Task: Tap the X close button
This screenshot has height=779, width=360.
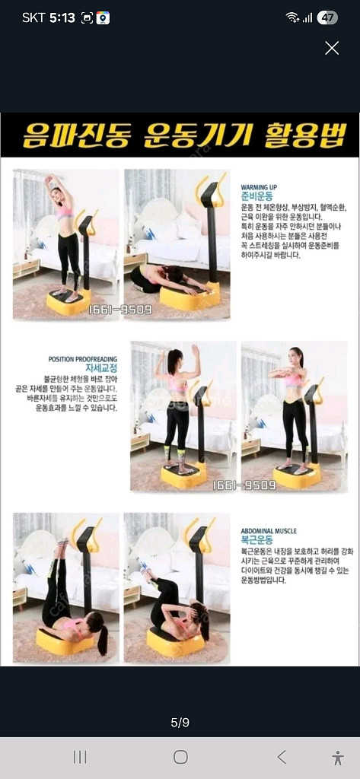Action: [x=332, y=48]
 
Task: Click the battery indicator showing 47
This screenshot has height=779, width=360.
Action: [x=328, y=17]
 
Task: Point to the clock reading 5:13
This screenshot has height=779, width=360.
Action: [x=62, y=17]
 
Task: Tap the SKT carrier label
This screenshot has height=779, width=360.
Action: [x=33, y=17]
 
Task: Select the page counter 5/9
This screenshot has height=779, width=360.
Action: [x=180, y=723]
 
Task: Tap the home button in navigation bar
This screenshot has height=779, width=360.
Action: [x=180, y=757]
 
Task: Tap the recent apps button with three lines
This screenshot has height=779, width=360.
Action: [x=79, y=757]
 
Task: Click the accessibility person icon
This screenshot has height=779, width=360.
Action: [x=338, y=757]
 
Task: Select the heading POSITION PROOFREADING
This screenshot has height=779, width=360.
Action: [x=83, y=359]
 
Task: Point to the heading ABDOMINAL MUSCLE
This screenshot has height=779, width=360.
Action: [x=269, y=531]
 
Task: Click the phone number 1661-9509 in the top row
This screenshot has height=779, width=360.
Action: [x=119, y=310]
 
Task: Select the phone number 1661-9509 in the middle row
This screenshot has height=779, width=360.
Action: [x=244, y=485]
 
